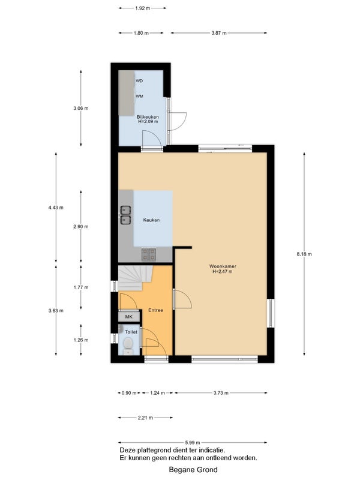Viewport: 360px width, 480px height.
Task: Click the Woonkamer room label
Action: (223, 266)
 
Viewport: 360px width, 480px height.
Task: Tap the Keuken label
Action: (151, 220)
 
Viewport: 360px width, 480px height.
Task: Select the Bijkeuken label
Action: (148, 117)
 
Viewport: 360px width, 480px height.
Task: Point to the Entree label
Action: (155, 310)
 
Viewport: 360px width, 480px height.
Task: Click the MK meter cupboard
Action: (129, 317)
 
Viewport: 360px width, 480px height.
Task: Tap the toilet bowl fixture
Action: (128, 343)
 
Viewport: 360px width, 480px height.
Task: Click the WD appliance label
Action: (139, 81)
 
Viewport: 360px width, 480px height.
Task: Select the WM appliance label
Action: (140, 96)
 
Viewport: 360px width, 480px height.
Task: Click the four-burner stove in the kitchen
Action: (148, 254)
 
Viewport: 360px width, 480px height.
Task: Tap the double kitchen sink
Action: (125, 215)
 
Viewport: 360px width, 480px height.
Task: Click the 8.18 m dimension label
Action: (304, 254)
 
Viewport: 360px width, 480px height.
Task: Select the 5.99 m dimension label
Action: (193, 442)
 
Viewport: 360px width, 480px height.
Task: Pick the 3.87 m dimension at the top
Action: (219, 33)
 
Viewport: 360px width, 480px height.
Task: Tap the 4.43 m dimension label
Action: (56, 208)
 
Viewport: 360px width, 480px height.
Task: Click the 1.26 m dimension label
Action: (81, 340)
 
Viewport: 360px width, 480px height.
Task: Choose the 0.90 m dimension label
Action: (129, 393)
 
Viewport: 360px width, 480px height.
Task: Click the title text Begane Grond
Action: (193, 470)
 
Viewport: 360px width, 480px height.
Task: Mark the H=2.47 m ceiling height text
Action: (223, 272)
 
